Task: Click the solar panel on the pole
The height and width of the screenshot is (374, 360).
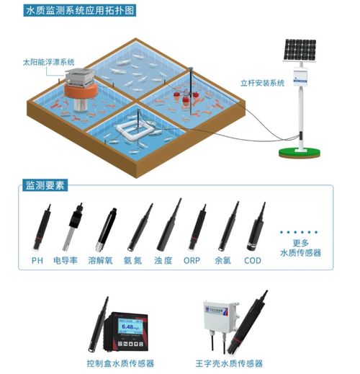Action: coord(299,48)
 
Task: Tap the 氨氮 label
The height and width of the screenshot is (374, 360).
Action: coord(133,259)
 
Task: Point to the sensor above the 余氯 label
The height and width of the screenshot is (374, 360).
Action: coord(229,226)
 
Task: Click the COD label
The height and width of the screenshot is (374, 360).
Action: coord(252,259)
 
